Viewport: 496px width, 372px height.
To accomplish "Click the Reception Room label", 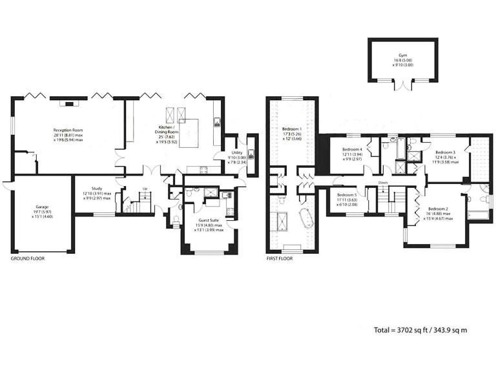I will point(68,130).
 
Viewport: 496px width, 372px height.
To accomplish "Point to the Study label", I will point(97,189).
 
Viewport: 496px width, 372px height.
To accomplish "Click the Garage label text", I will point(41,208).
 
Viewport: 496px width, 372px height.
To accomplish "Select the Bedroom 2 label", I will point(438,209).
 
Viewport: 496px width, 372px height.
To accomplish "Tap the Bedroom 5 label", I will point(347,194).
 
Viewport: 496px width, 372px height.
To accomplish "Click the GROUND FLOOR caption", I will point(28,258).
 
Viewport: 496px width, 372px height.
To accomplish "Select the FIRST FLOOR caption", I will point(280,258).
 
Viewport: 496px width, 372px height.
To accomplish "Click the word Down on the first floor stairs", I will point(383,183).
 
